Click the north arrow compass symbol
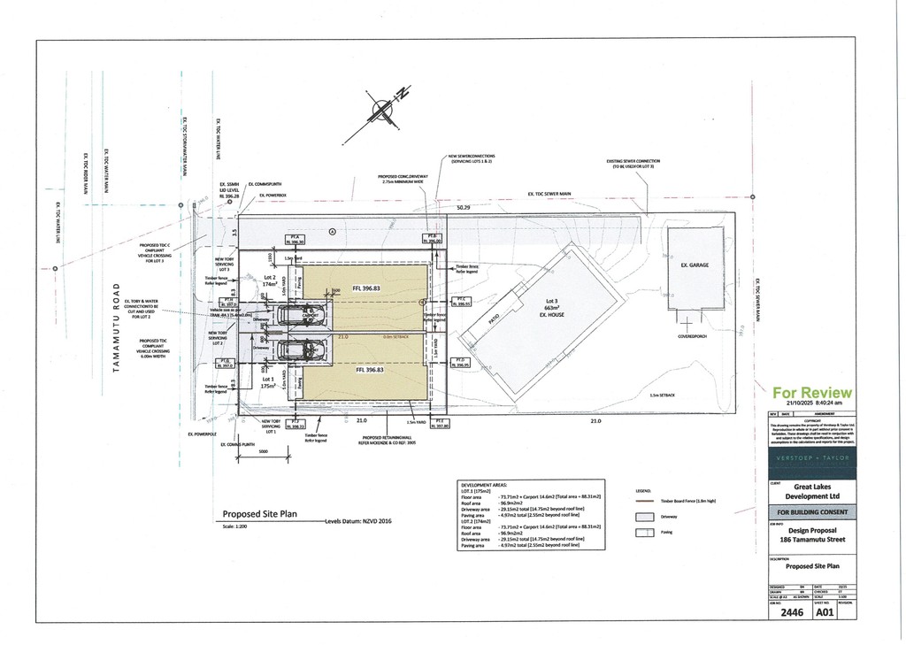382,110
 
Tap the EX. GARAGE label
695,265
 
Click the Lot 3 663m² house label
555,308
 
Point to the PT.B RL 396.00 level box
432,239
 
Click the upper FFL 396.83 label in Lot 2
366,288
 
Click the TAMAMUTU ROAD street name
116,327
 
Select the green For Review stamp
812,392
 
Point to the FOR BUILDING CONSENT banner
811,511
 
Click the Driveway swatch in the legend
646,516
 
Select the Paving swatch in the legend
646,533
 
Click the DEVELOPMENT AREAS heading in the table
485,485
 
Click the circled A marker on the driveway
333,231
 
